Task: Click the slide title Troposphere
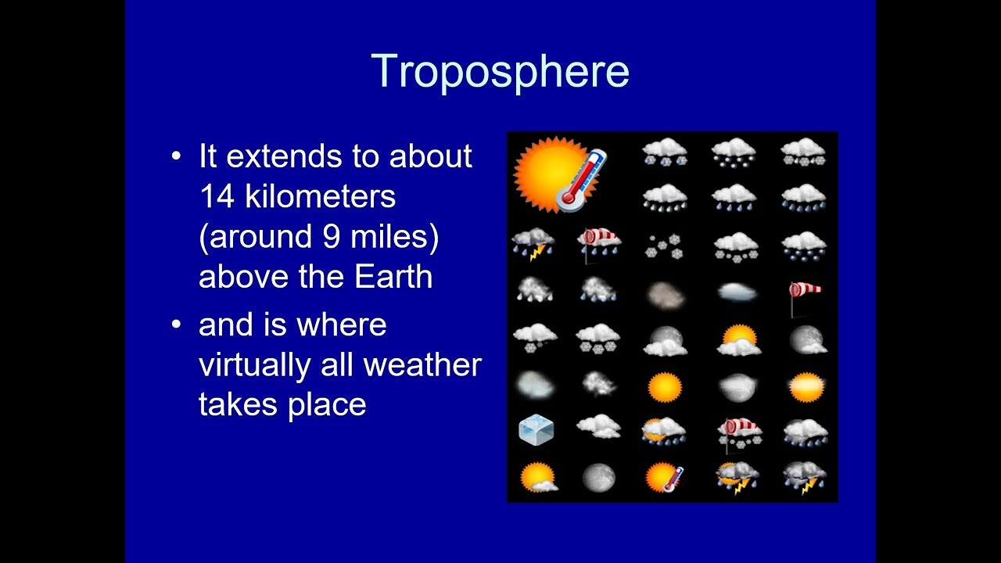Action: tap(500, 71)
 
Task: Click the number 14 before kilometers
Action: tap(216, 196)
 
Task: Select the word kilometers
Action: tap(320, 196)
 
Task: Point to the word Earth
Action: tap(393, 277)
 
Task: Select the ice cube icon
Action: tap(536, 430)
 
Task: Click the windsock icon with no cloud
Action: tap(804, 296)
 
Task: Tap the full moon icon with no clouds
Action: tap(598, 477)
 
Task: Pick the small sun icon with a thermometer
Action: tap(664, 477)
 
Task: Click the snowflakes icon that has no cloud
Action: tap(664, 246)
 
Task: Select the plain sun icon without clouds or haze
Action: tap(664, 386)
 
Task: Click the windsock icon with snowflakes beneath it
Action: tap(739, 432)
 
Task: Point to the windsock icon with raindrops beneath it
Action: tap(599, 242)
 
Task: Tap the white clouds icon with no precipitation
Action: tap(598, 426)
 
